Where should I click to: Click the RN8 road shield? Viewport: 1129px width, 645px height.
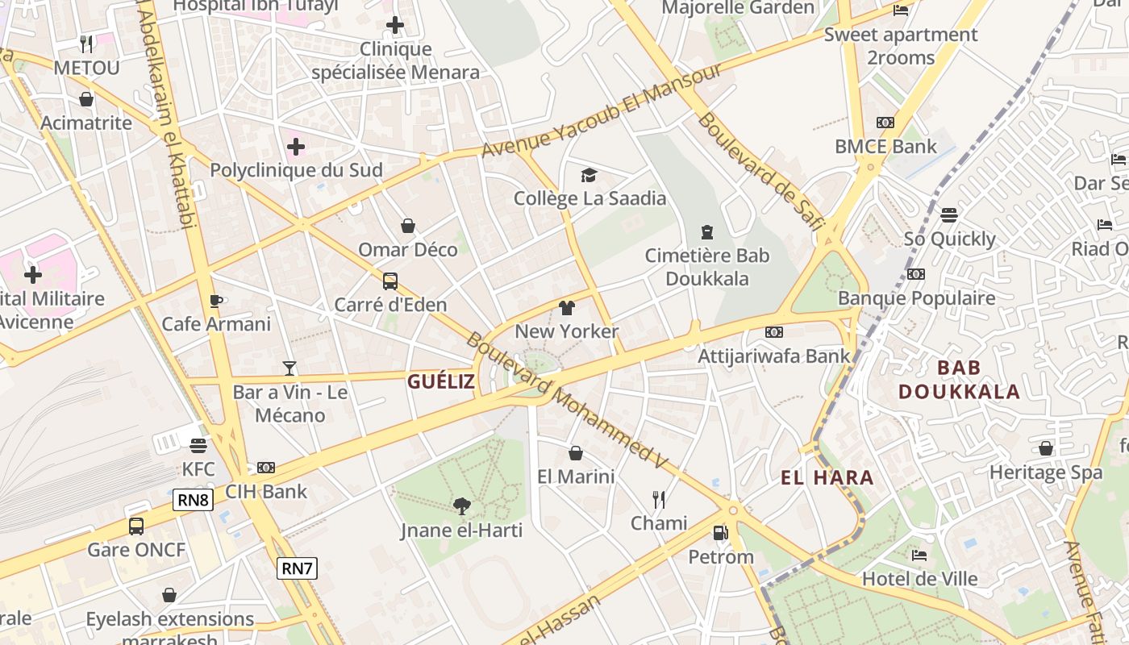194,500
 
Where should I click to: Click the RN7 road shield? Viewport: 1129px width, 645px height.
297,568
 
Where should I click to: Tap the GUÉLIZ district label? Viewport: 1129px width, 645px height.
440,381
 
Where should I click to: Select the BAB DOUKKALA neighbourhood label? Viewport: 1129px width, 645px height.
959,380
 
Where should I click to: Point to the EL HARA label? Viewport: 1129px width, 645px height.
827,477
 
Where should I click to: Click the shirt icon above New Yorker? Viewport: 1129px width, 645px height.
567,308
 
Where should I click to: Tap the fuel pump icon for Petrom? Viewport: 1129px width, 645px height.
720,533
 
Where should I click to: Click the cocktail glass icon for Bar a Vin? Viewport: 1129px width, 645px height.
290,368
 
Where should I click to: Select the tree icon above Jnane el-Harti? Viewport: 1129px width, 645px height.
462,506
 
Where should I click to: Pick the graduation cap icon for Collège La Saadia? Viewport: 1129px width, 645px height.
589,175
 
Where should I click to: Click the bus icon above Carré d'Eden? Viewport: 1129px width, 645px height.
390,281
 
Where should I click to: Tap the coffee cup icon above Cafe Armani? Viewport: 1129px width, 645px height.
215,301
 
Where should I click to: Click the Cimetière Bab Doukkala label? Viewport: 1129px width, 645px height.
707,267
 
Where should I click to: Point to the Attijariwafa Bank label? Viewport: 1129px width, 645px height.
774,356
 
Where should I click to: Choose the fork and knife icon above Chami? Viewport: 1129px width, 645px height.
659,500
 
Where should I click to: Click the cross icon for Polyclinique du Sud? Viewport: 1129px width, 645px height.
296,147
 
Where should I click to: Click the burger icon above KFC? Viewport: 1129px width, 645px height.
198,445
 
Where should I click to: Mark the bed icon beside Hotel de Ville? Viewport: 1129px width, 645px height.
919,555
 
